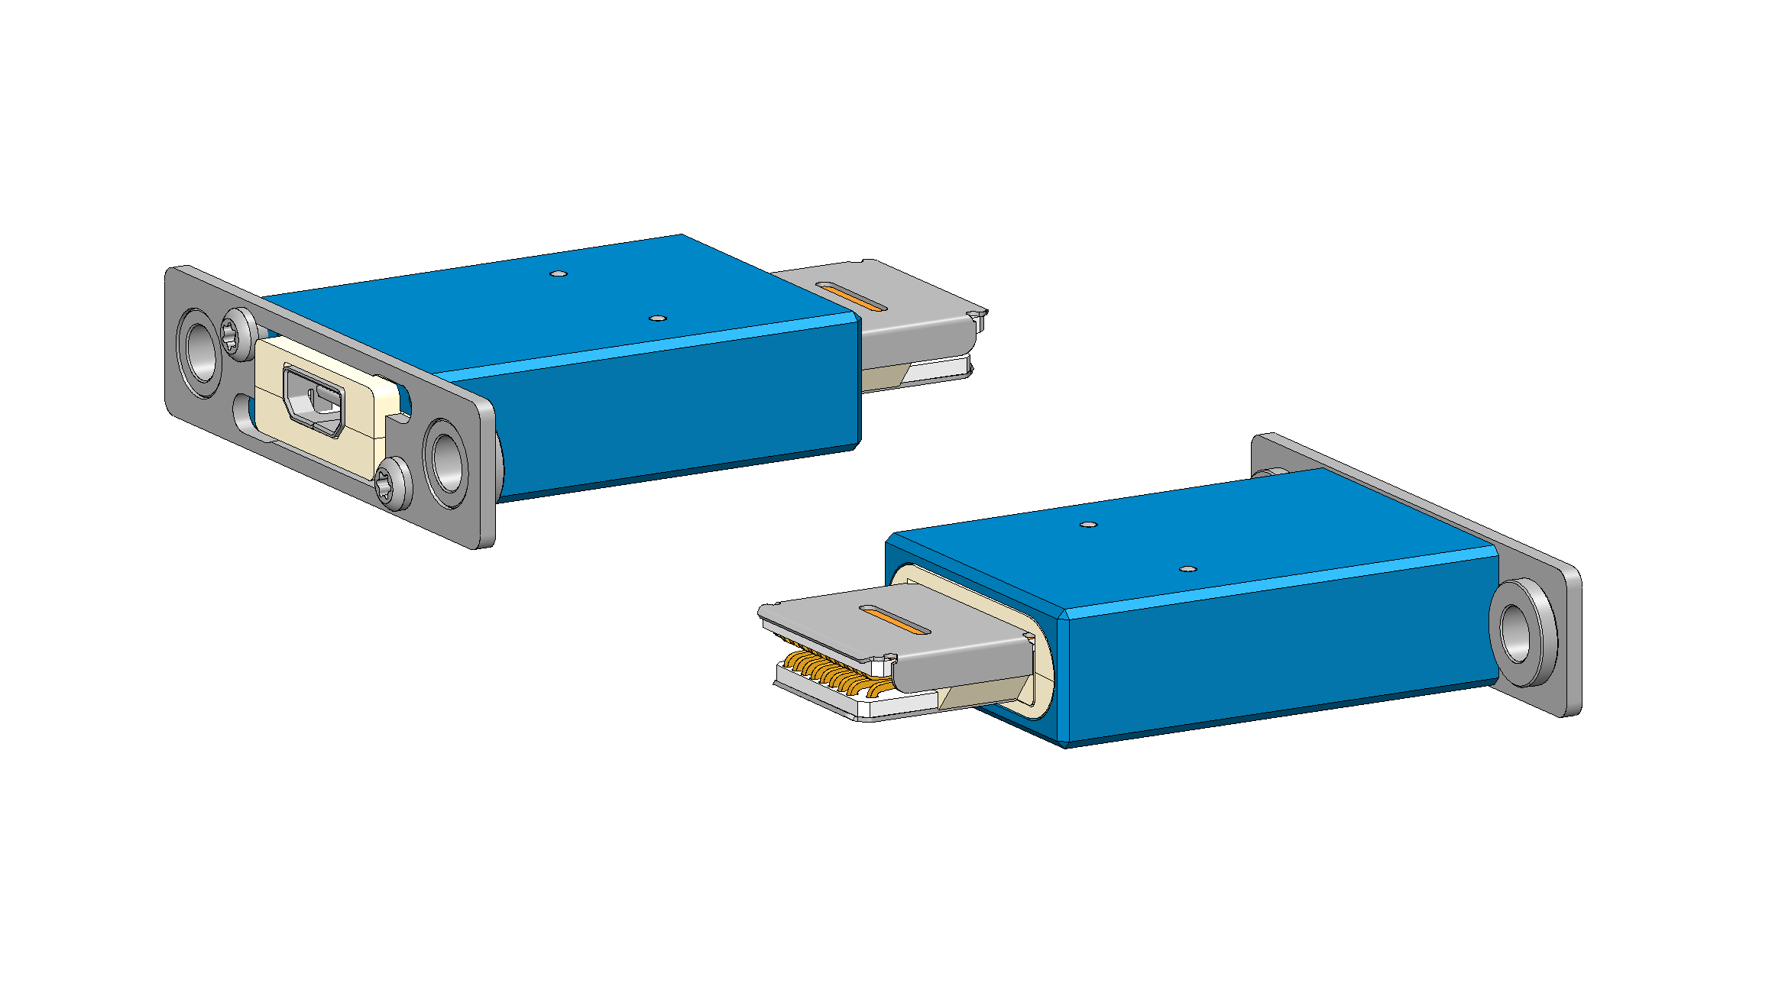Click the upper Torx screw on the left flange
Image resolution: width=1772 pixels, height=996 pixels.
coord(239,333)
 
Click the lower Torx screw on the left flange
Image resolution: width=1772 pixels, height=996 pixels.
coord(396,483)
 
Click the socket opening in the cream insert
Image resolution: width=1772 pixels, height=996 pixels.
coord(314,401)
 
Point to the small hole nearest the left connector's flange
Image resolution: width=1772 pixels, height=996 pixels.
coord(559,273)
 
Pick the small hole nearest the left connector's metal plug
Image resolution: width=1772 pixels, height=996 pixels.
coord(657,318)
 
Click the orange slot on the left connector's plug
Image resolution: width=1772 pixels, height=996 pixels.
coord(850,296)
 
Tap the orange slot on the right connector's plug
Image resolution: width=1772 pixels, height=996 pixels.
coord(895,620)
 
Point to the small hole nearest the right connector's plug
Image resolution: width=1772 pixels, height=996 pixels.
coord(1089,525)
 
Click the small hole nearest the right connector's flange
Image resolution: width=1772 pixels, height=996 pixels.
coord(1187,569)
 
